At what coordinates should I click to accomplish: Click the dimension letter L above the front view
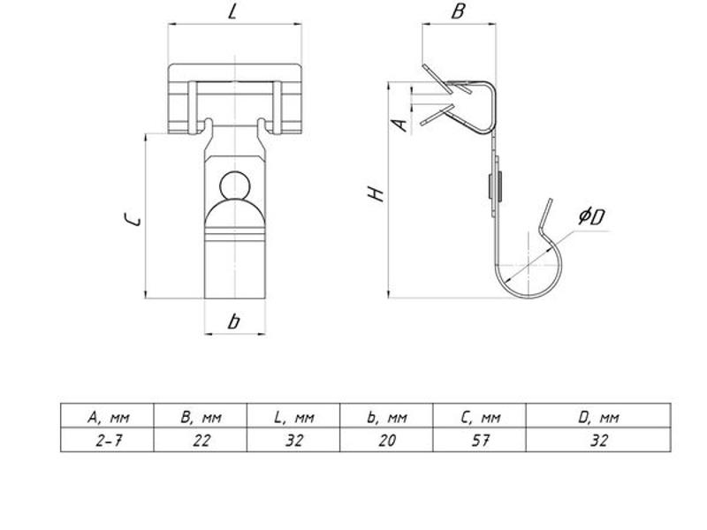pos(232,11)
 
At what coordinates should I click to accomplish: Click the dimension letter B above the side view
pos(458,11)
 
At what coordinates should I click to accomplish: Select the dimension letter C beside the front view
pos(133,219)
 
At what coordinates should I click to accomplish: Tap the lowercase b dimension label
pos(233,322)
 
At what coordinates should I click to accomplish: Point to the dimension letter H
pos(376,193)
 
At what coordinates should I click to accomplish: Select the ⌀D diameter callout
pos(591,216)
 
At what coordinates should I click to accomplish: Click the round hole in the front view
pos(235,185)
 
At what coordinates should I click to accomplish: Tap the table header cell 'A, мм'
pos(108,417)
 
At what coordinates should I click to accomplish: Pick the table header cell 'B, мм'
pos(201,417)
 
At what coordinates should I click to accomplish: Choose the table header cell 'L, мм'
pos(294,417)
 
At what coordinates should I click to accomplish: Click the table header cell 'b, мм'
pos(387,417)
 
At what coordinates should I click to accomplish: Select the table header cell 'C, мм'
pos(480,417)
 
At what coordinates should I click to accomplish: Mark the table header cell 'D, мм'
pos(599,417)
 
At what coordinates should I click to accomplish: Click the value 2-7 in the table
pos(108,440)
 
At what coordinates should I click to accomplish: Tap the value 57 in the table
pos(480,440)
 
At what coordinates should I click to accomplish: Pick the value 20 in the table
pos(387,440)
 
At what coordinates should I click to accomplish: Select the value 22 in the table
pos(201,440)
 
